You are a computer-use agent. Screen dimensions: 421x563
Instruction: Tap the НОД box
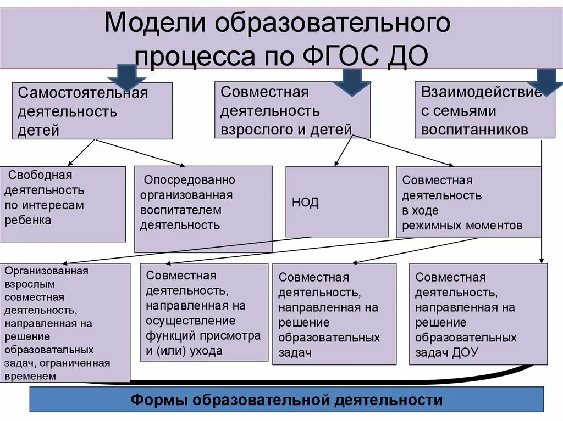[x=336, y=201]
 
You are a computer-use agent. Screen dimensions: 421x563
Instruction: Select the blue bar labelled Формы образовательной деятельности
[x=286, y=400]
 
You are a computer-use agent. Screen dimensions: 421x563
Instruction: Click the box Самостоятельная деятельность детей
[x=92, y=111]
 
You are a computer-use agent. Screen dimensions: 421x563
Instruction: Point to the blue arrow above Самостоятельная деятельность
[x=126, y=77]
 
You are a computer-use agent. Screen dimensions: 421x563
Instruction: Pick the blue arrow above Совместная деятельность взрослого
[x=350, y=81]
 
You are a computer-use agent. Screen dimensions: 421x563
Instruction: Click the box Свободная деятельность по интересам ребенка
[x=63, y=204]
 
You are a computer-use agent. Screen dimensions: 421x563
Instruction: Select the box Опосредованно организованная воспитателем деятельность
[x=203, y=209]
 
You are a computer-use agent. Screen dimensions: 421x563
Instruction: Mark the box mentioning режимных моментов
[x=468, y=202]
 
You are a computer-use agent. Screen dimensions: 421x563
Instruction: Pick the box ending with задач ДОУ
[x=478, y=314]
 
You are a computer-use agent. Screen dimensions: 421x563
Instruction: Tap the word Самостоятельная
[x=83, y=93]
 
